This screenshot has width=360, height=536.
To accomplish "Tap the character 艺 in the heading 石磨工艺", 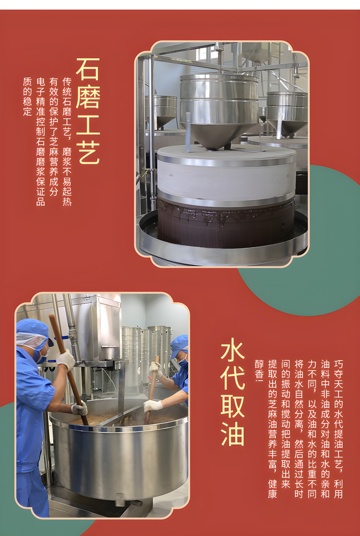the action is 88,152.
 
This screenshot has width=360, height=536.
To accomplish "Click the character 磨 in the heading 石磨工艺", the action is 88,96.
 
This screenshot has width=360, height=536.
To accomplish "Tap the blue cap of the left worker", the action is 33,330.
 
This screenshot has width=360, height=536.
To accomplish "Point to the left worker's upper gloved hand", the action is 65,359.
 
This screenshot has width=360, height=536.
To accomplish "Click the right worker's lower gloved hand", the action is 153,405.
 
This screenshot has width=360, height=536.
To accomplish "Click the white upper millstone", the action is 226,176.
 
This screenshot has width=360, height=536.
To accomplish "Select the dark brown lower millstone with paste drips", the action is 226,224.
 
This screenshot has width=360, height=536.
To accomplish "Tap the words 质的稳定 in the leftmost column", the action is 27,97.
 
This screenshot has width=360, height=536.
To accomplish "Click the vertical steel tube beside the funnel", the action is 188,132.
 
